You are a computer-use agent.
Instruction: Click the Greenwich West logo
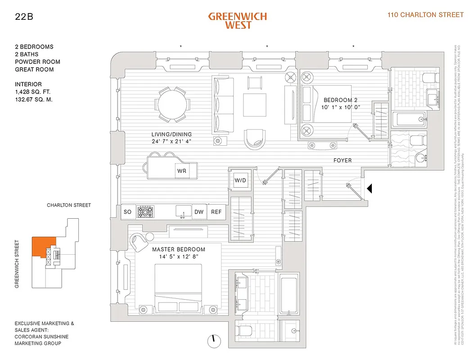point(237,20)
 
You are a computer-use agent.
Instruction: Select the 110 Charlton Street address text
point(425,15)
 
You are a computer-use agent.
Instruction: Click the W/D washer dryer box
point(240,180)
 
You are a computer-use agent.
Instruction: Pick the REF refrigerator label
point(217,212)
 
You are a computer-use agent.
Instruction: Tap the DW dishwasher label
point(199,212)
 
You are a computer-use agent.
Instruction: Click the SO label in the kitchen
point(127,212)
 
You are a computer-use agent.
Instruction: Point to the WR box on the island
point(182,171)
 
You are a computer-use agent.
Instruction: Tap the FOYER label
point(343,160)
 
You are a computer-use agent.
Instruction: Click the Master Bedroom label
point(178,249)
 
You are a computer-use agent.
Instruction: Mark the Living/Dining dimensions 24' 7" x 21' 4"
point(171,142)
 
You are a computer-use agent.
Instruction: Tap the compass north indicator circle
point(212,341)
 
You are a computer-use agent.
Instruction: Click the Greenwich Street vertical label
point(17,264)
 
